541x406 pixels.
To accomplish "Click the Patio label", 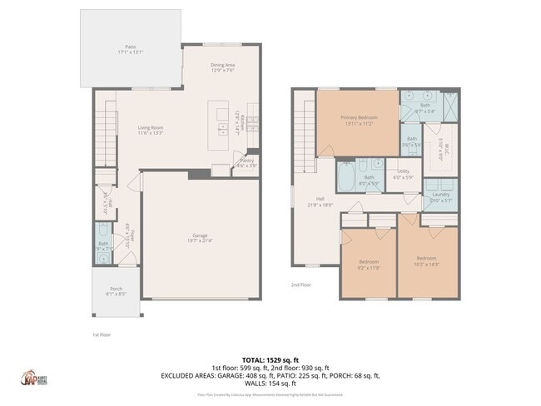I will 130,49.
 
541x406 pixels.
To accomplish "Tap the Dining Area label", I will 221,67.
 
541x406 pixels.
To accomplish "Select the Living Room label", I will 150,129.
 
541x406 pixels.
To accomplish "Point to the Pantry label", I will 246,162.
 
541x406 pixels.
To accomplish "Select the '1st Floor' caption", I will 101,334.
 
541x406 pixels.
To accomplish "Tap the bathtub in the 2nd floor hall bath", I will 345,177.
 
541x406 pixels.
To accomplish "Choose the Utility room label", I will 403,173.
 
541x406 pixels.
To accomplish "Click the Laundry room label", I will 440,196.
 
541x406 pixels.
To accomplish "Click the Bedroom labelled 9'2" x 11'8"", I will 368,264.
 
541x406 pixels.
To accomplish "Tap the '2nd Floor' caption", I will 300,285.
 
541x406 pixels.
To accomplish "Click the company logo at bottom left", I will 32,377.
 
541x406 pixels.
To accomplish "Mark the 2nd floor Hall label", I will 320,201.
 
